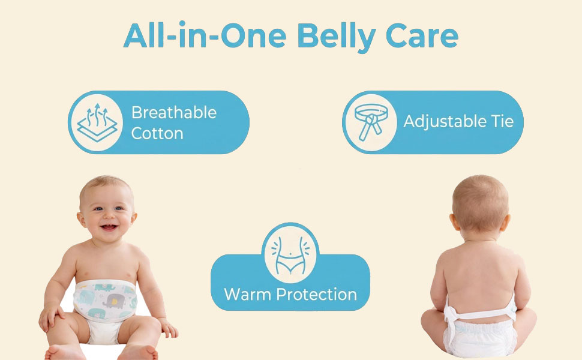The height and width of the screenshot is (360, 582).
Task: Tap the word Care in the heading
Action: click(422, 37)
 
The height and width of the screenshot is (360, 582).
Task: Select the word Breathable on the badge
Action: click(174, 112)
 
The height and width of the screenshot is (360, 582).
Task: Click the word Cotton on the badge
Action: click(157, 134)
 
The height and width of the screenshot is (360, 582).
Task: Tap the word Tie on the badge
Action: click(502, 121)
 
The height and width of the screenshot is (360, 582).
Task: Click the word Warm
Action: click(248, 295)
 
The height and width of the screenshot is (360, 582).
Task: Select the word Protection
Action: click(317, 295)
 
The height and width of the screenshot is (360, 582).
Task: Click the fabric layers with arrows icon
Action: click(97, 122)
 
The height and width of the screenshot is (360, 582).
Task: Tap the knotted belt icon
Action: click(371, 122)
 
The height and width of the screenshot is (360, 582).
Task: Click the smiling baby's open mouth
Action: click(109, 227)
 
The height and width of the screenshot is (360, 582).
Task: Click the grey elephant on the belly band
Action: click(113, 301)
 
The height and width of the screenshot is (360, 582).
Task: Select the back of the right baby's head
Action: click(480, 204)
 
